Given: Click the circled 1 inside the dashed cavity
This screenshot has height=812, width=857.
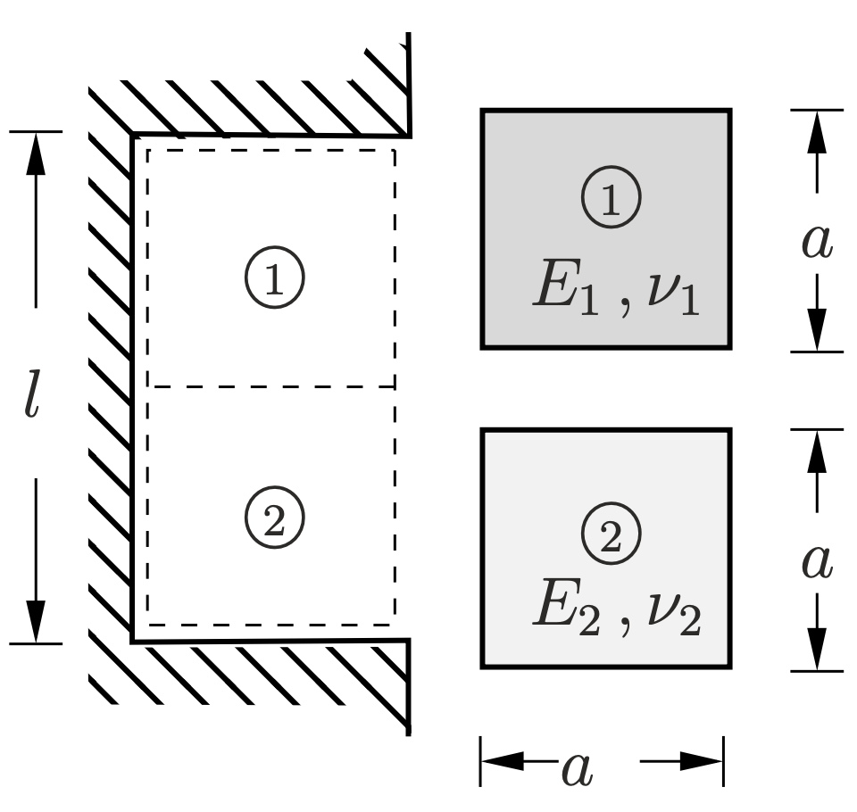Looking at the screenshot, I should pyautogui.click(x=275, y=279).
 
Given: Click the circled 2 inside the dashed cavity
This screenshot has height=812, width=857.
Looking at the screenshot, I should pyautogui.click(x=275, y=517).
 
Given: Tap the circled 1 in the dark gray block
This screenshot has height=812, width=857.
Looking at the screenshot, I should pyautogui.click(x=611, y=198).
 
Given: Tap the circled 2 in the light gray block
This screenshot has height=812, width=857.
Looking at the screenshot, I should pyautogui.click(x=611, y=534).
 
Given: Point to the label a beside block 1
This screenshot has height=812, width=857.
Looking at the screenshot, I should pyautogui.click(x=816, y=242).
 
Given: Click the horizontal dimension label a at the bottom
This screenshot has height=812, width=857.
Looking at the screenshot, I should pyautogui.click(x=577, y=769).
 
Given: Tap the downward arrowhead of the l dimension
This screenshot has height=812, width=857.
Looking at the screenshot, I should pyautogui.click(x=35, y=620).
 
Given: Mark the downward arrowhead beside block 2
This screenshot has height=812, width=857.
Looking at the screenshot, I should pyautogui.click(x=816, y=649).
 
